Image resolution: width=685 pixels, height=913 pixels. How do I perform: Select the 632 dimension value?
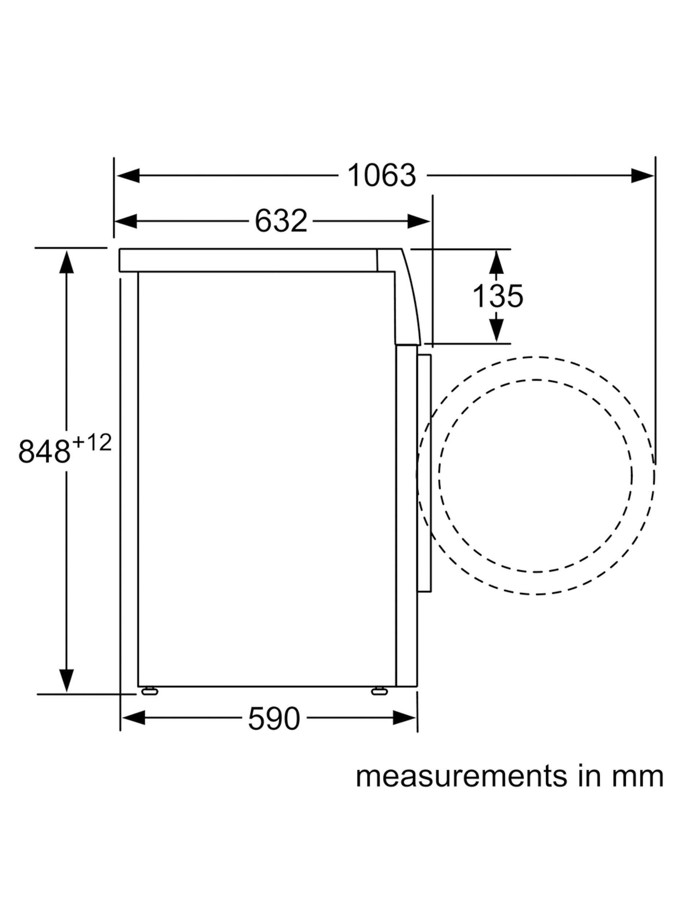[281, 221]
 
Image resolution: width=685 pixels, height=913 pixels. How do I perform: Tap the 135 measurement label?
[497, 296]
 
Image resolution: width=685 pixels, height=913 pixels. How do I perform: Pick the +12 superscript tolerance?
[92, 443]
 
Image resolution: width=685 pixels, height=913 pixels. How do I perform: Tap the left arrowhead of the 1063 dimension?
[128, 176]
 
